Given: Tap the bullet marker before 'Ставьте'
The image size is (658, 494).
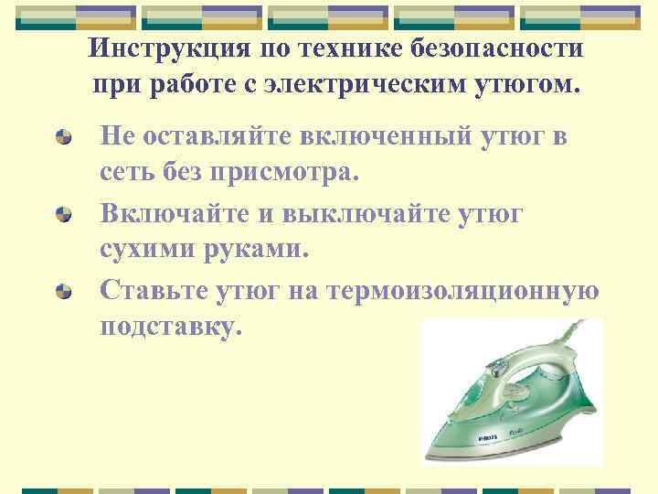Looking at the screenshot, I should coord(64,293).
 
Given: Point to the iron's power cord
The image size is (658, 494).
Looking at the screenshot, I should coord(576,343).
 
